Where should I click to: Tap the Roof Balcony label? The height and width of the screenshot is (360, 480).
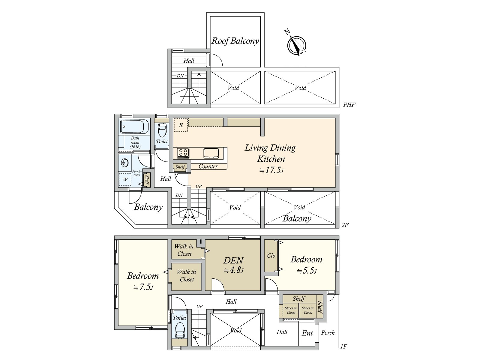point(235,41)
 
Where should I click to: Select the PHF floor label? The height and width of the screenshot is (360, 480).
point(349,105)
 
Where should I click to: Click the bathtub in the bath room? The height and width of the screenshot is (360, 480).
point(134,127)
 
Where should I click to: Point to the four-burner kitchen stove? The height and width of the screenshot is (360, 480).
point(183,153)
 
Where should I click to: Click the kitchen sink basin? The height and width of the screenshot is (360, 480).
point(211,153)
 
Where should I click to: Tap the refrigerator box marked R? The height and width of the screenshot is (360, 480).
point(181,125)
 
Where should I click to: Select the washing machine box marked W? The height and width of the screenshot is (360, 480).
point(125,179)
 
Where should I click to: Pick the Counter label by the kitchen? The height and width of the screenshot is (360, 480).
point(208,166)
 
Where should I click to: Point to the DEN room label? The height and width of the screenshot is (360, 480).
point(233,260)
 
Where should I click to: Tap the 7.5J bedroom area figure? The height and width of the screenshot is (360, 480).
point(143,287)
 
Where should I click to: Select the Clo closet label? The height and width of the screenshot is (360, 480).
point(271,256)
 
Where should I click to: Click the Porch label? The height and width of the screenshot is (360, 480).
point(328,333)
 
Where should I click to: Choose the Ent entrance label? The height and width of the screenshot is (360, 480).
point(307,333)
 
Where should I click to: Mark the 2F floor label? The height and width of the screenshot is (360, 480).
point(345,225)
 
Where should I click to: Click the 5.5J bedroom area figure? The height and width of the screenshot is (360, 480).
point(307,271)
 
